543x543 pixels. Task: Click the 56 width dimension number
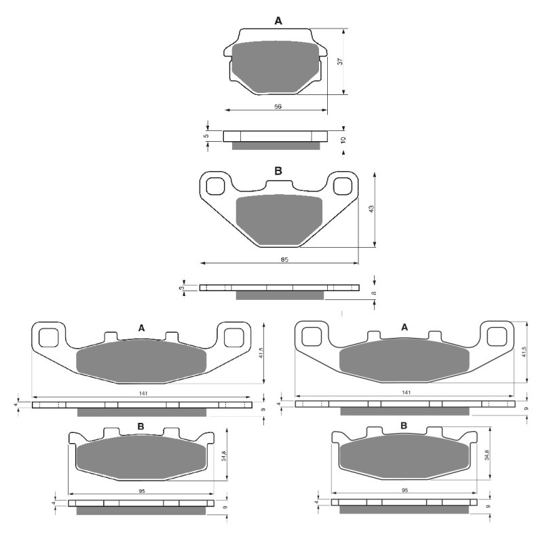tap(278, 107)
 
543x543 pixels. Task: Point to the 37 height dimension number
tap(340, 61)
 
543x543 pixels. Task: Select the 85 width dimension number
tap(284, 260)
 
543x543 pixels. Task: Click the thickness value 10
tap(343, 139)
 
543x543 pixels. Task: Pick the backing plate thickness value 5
tap(206, 136)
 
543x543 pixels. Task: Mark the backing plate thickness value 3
tap(181, 288)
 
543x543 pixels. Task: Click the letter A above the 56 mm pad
tap(278, 22)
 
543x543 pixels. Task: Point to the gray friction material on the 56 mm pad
tap(276, 67)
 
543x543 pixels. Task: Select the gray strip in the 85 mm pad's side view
tap(280, 295)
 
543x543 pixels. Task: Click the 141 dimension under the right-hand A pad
tap(406, 393)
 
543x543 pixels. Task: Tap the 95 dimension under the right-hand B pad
tap(404, 489)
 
